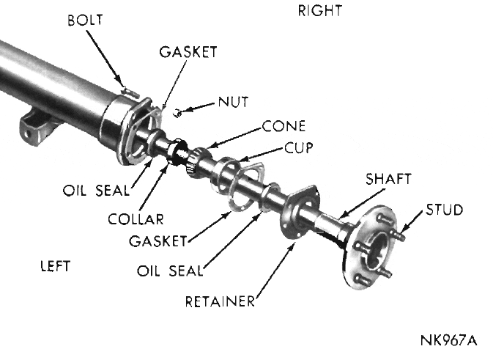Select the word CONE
[x=284, y=126]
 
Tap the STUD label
[x=445, y=210]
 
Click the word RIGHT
[x=320, y=11]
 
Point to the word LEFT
[x=55, y=265]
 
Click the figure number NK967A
[x=448, y=341]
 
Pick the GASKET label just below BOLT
[x=187, y=53]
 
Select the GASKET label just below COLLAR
[x=157, y=240]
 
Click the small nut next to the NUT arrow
[x=177, y=112]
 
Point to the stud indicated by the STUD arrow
[x=401, y=235]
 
